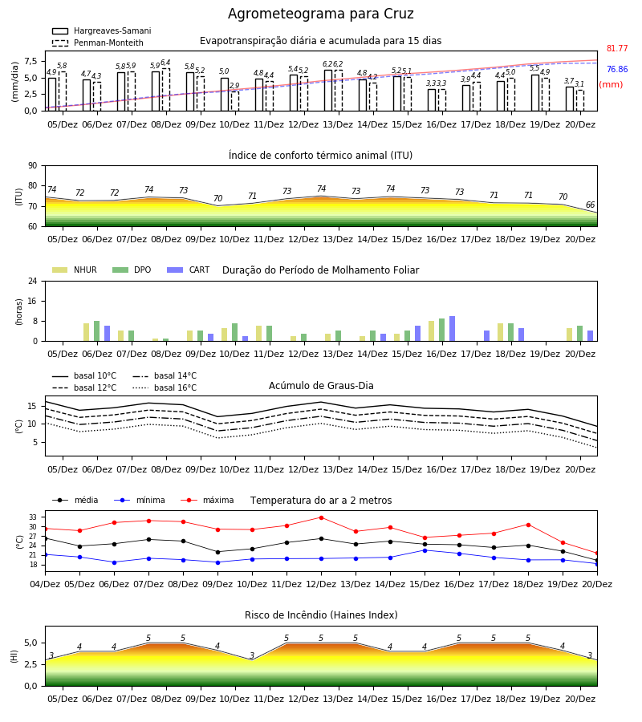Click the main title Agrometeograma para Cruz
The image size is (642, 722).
click(320, 14)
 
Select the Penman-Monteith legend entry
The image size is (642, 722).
click(98, 43)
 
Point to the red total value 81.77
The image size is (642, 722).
click(617, 48)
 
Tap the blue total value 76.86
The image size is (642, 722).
click(617, 69)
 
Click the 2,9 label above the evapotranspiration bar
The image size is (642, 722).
click(234, 86)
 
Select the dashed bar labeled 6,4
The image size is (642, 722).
click(166, 90)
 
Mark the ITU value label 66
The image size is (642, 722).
click(590, 205)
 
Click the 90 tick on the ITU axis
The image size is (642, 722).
click(33, 166)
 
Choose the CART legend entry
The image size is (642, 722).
click(189, 270)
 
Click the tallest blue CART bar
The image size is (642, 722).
click(453, 329)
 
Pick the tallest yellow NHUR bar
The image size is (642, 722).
click(431, 331)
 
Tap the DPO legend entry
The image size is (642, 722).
click(132, 270)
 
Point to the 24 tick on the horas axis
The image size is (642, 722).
click(33, 281)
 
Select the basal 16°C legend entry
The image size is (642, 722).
click(165, 387)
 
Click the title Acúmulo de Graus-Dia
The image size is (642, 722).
click(321, 386)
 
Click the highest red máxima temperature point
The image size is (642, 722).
click(322, 517)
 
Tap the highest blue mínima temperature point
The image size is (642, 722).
click(425, 550)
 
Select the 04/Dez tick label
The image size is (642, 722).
click(45, 584)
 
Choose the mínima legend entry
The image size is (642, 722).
click(140, 500)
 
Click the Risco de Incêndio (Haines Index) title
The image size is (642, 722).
click(321, 615)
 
